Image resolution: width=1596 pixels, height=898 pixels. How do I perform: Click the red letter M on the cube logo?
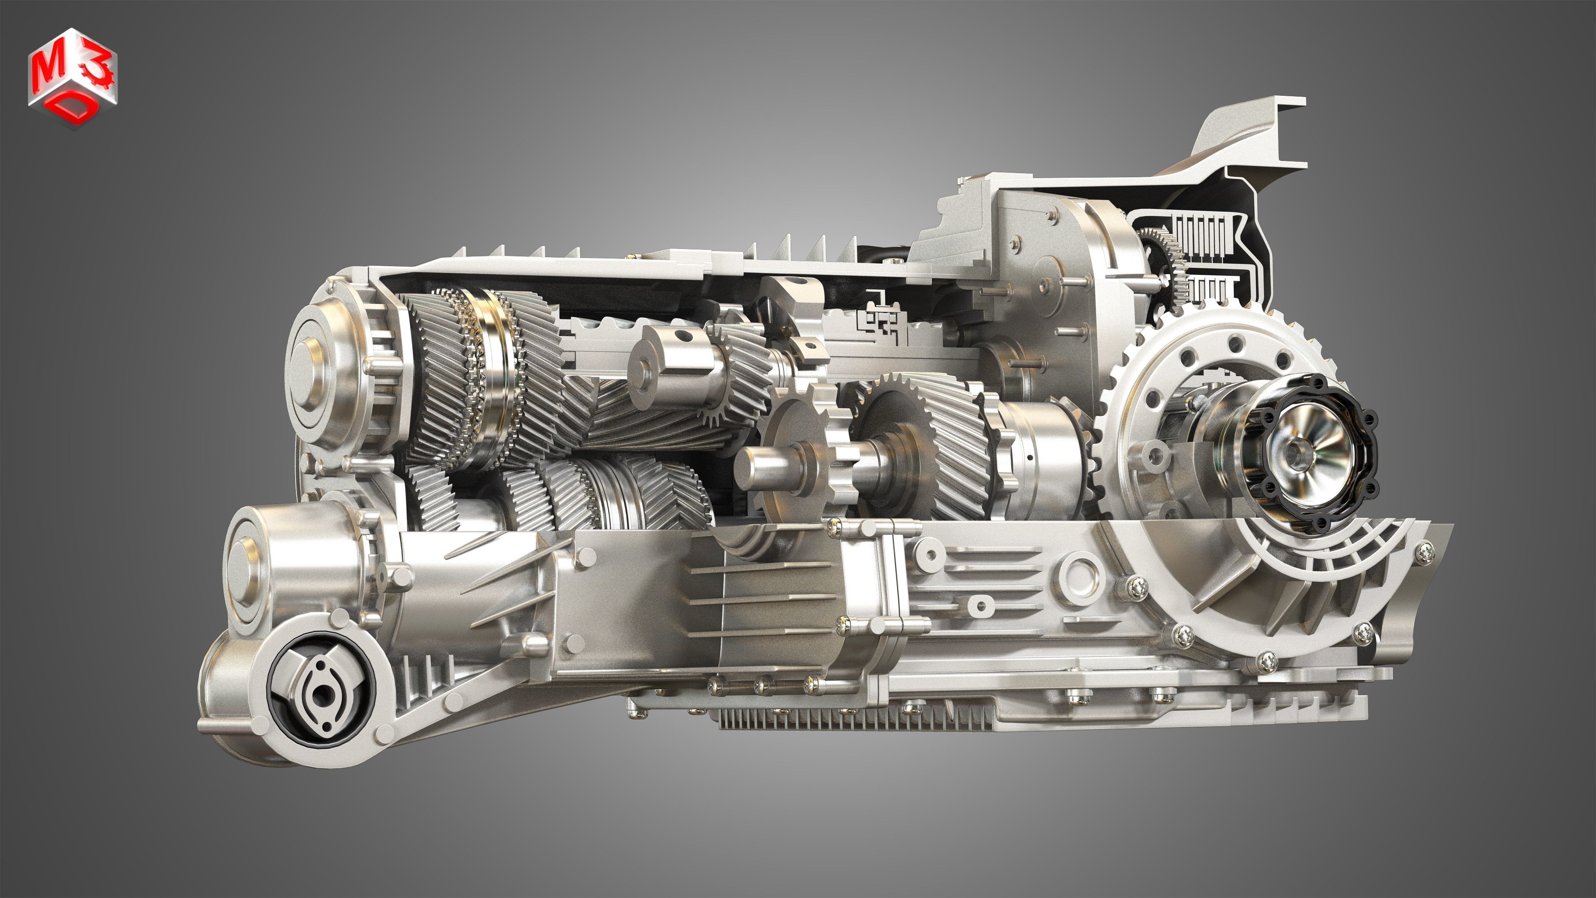45,72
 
